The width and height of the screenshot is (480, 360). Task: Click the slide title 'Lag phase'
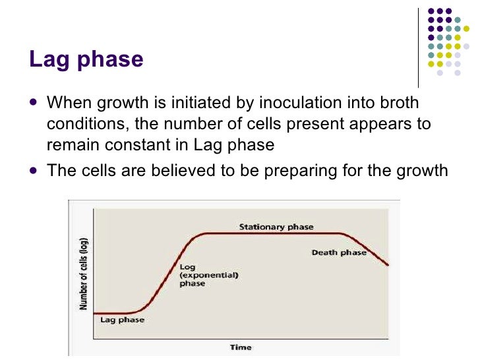click(86, 59)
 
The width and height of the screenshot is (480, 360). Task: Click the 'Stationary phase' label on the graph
click(276, 227)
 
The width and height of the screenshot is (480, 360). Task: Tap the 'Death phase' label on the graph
click(339, 253)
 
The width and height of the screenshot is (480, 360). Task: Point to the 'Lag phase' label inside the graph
click(122, 320)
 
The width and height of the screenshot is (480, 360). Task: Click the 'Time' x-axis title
click(240, 347)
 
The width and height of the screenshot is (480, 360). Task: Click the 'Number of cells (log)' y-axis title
click(84, 274)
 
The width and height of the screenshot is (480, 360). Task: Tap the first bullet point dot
click(34, 104)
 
